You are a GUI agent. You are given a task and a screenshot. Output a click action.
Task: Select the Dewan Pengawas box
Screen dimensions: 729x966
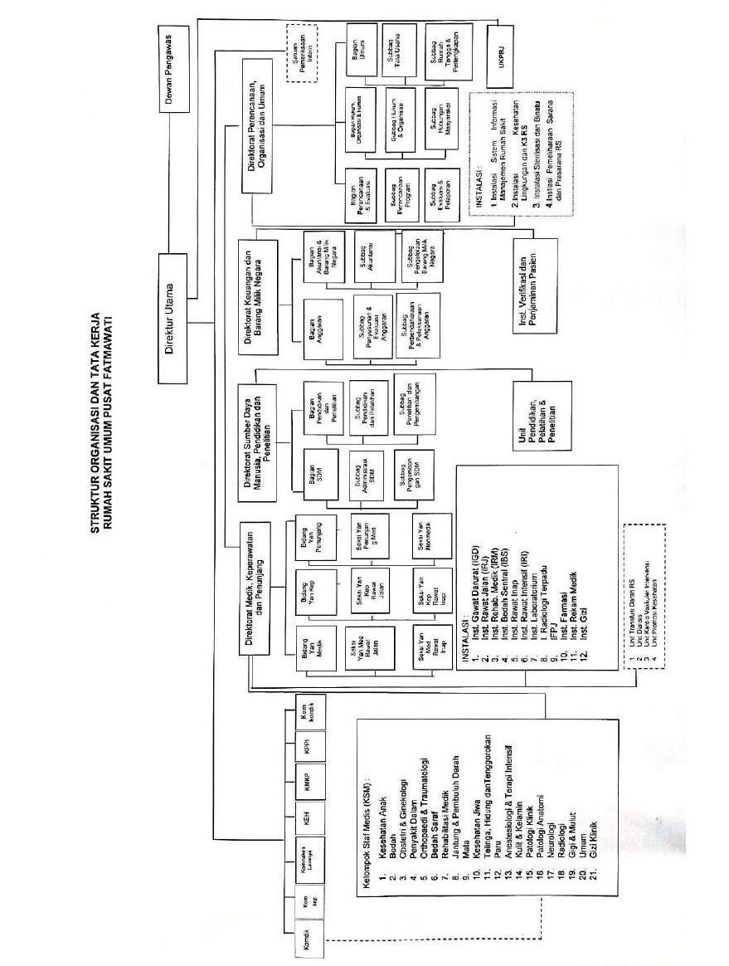click(x=173, y=67)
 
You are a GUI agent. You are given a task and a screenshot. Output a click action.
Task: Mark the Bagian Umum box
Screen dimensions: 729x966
click(x=360, y=49)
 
